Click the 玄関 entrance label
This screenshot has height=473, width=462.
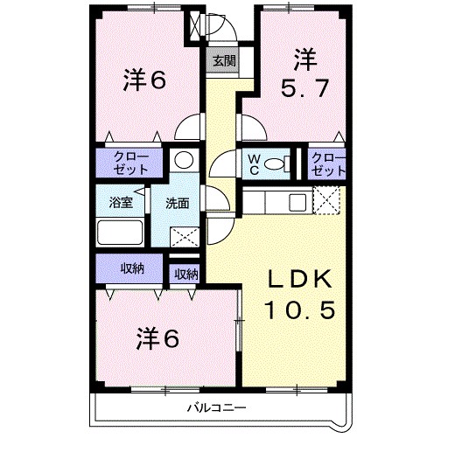pyautogui.click(x=222, y=61)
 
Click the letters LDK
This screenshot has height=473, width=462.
pyautogui.click(x=300, y=281)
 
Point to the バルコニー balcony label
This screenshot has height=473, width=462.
pyautogui.click(x=216, y=408)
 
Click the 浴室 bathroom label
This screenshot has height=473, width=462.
pyautogui.click(x=121, y=203)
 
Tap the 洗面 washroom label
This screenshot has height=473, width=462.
pyautogui.click(x=178, y=204)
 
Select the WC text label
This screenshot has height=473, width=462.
pyautogui.click(x=253, y=163)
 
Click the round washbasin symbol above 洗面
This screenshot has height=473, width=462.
pyautogui.click(x=183, y=160)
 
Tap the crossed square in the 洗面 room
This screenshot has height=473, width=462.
pyautogui.click(x=185, y=236)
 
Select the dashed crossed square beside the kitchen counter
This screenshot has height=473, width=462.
pyautogui.click(x=326, y=202)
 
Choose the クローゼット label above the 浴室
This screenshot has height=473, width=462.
pyautogui.click(x=129, y=163)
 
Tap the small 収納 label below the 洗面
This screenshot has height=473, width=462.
pyautogui.click(x=185, y=274)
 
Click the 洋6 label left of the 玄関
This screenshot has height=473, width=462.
pyautogui.click(x=144, y=80)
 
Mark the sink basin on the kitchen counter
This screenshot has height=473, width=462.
pyautogui.click(x=297, y=203)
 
